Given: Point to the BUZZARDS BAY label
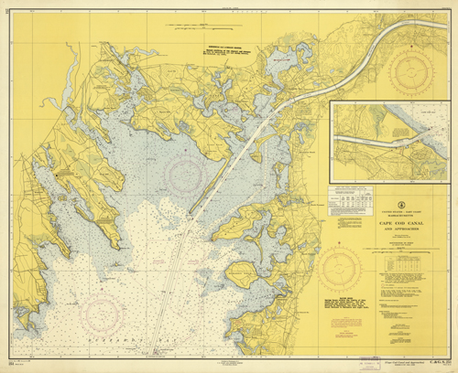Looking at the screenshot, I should (92, 350).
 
